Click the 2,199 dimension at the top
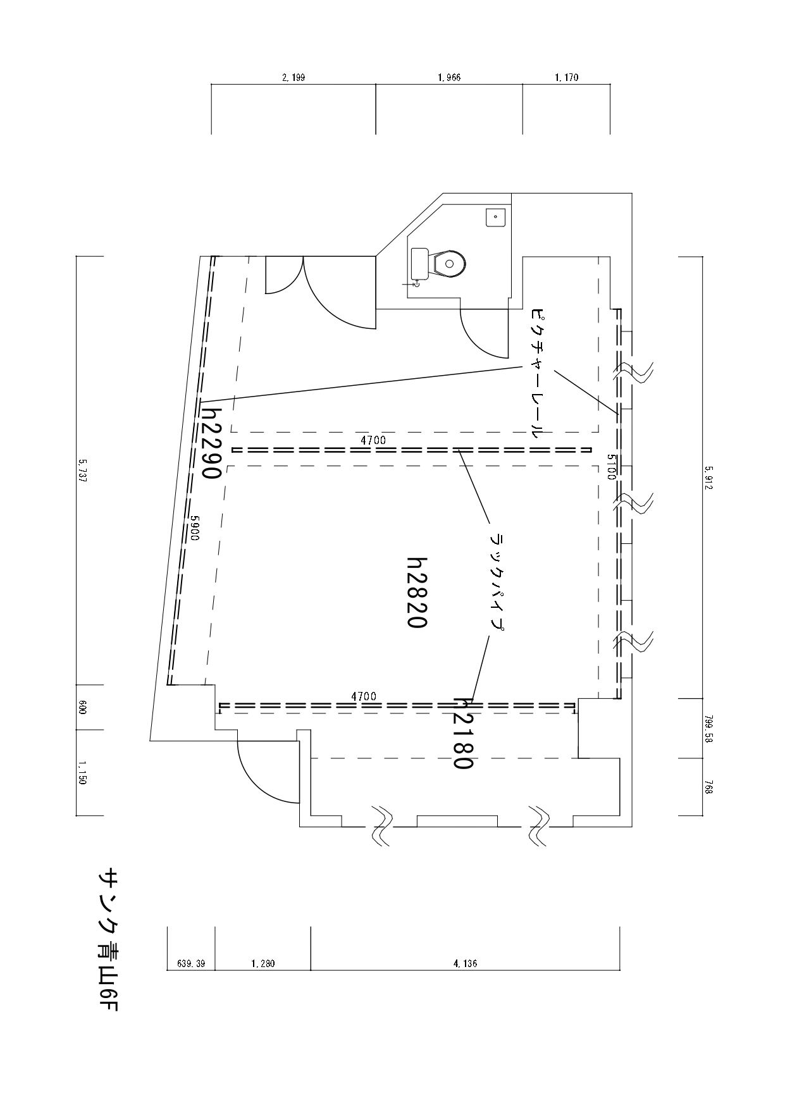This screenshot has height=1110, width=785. (293, 78)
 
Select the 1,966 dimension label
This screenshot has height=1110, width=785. (449, 78)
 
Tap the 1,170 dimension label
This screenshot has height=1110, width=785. (566, 78)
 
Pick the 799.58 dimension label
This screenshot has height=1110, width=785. (708, 728)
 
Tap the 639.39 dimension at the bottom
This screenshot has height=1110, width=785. (190, 964)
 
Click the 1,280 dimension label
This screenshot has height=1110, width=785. (263, 964)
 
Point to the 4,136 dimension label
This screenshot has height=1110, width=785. (465, 964)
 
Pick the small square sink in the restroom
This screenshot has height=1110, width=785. (495, 217)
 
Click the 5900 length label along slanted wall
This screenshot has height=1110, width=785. (195, 526)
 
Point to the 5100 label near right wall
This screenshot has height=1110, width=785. (611, 467)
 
